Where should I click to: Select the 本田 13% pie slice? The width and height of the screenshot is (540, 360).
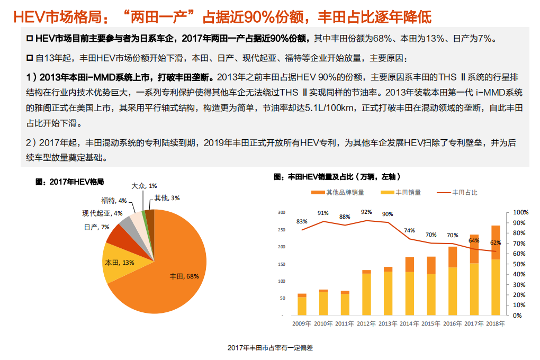pyautogui.click(x=119, y=262)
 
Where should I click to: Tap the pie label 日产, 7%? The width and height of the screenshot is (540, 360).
pyautogui.click(x=96, y=227)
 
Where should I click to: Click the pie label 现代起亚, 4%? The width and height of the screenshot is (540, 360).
pyautogui.click(x=102, y=213)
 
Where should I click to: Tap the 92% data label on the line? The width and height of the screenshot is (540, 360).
pyautogui.click(x=366, y=212)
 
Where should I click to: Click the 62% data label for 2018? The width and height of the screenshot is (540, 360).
pyautogui.click(x=496, y=243)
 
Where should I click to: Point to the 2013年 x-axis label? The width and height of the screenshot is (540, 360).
pyautogui.click(x=388, y=324)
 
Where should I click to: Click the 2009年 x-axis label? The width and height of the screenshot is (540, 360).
pyautogui.click(x=302, y=324)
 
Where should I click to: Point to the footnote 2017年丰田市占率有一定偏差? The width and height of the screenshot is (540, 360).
pyautogui.click(x=270, y=348)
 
